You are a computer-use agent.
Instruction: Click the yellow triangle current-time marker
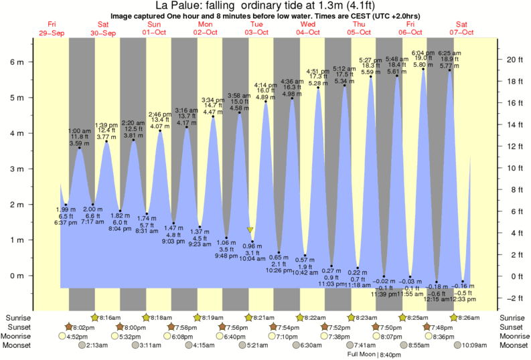coord(250,230)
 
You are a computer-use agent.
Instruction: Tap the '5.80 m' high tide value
coord(422,65)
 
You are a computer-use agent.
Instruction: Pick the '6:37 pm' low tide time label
coord(65,223)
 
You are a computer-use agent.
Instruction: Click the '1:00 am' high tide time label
coord(79,130)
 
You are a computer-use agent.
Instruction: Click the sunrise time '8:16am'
coord(110,317)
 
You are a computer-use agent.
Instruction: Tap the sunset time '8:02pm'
coord(83,327)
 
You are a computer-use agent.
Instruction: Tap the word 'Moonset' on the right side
coord(513,345)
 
